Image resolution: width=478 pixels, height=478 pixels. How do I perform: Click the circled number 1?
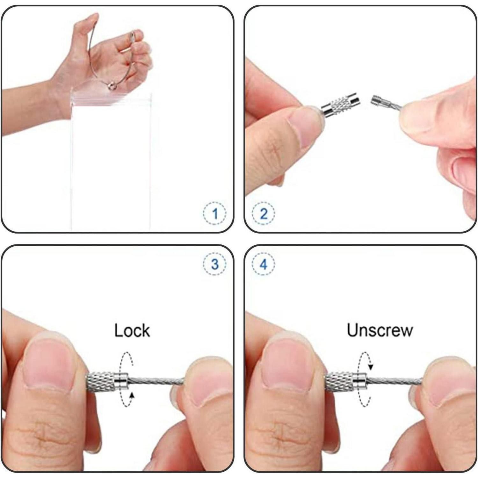215,214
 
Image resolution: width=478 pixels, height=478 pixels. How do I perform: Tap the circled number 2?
264,214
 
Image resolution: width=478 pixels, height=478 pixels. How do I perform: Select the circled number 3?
215,264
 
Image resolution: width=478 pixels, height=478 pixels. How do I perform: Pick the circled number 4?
264,264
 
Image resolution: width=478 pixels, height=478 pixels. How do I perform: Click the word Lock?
132,330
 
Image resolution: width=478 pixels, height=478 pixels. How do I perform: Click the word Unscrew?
380,330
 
